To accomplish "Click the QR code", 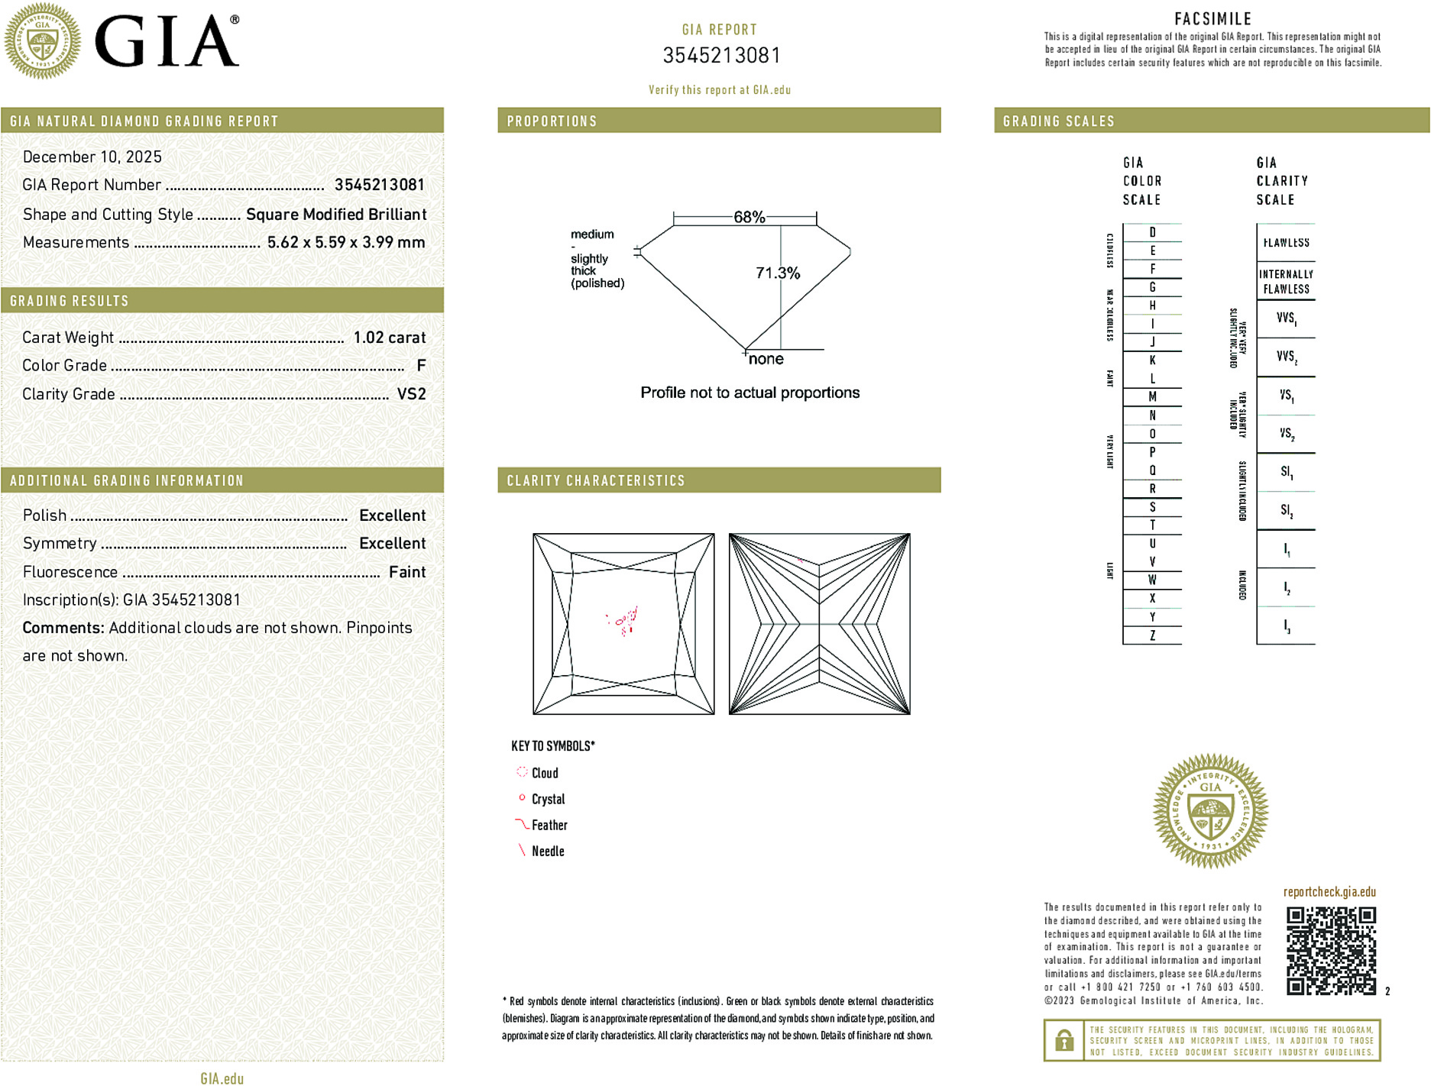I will pos(1330,951).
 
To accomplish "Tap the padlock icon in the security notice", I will pos(1064,1040).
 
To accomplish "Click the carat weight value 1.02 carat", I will pos(389,338).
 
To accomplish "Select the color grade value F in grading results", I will pos(421,366).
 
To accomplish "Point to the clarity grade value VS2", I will pos(411,394).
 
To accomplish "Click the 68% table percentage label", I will pos(749,217).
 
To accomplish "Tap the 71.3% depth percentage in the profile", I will pos(777,273).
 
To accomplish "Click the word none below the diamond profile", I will pos(766,359).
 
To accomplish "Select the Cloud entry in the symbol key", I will pos(544,773).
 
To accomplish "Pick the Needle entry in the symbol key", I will pos(547,851).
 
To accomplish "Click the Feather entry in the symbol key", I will pos(549,825).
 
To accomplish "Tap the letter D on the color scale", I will pos(1152,232).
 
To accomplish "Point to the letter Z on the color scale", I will pos(1152,635).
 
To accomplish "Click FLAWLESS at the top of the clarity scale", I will pos(1286,243).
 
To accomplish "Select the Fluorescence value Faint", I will pos(406,572).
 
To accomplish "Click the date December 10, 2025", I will pos(92,157).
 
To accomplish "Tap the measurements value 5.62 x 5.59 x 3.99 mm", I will pos(345,243).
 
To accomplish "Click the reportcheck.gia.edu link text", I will pos(1329,892).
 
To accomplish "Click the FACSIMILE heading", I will pos(1212,19).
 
